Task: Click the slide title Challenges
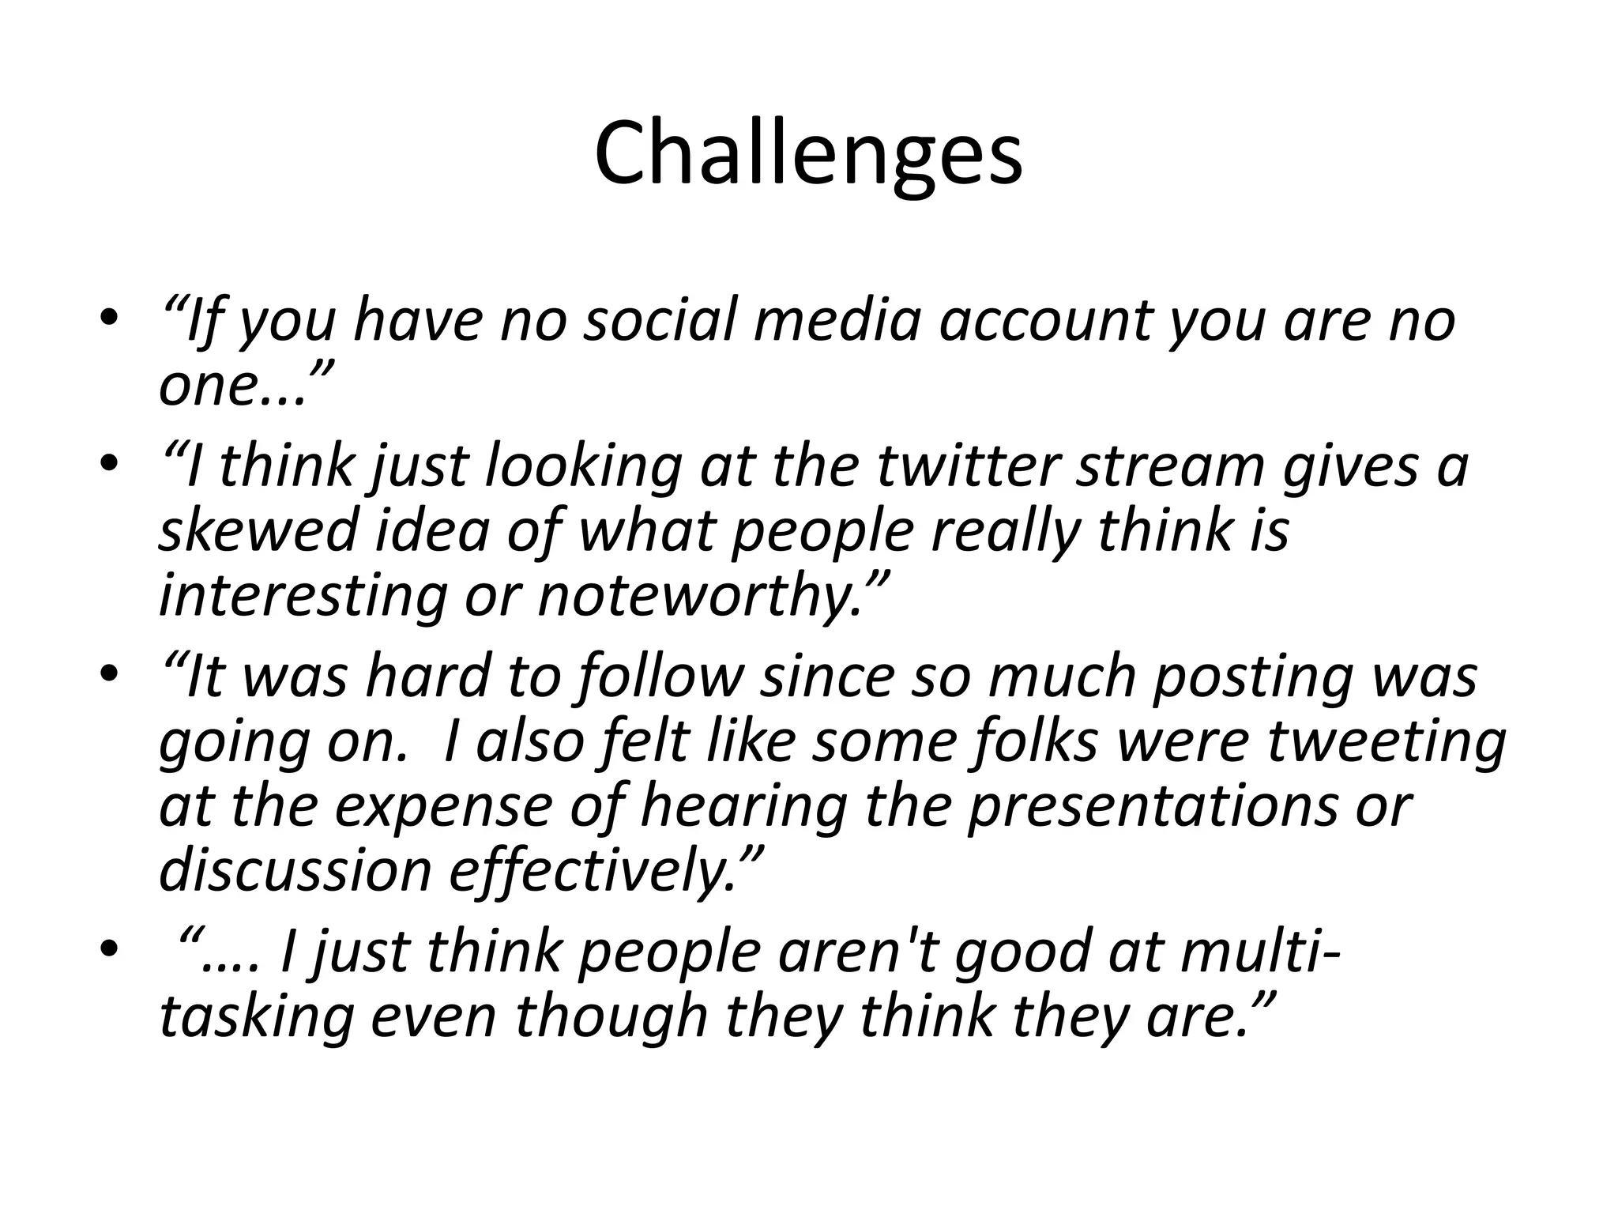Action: coord(808,154)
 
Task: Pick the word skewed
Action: coord(258,531)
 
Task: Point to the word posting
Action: coord(1251,678)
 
